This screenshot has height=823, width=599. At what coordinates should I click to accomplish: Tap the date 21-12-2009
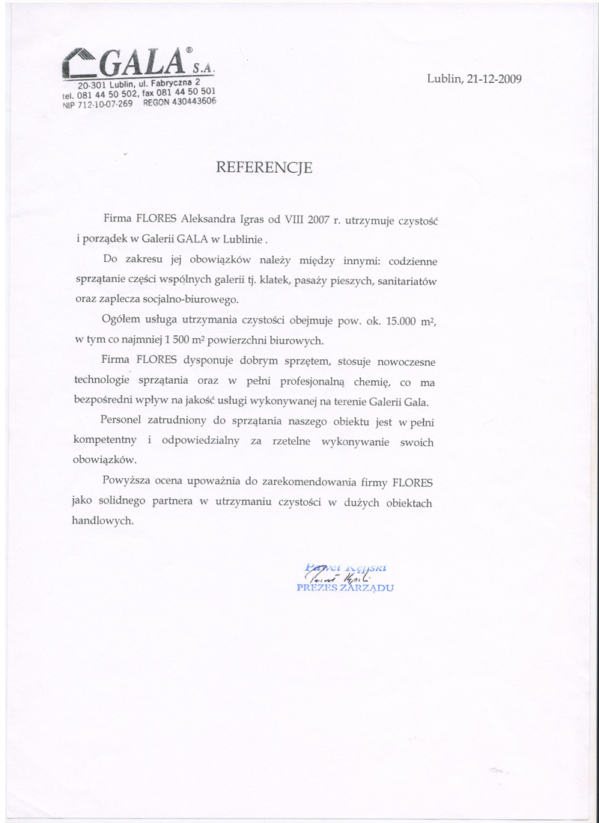[x=494, y=78]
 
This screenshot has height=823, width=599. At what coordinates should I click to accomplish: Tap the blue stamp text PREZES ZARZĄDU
[x=345, y=587]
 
